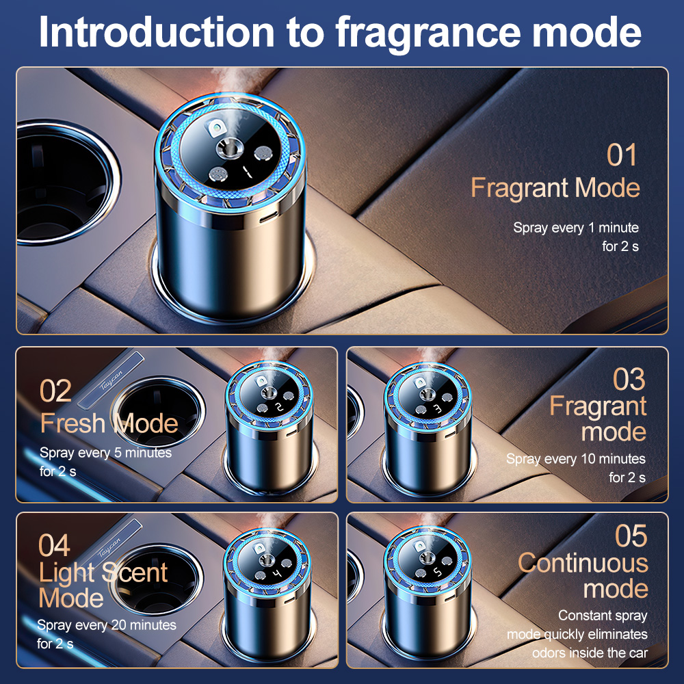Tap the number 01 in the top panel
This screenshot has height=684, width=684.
(x=622, y=155)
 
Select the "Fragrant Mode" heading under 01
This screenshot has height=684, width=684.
(x=555, y=189)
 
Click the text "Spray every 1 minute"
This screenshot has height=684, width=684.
(x=576, y=228)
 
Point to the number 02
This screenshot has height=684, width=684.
(x=55, y=391)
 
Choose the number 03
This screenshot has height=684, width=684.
(x=629, y=379)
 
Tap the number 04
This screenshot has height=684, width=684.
(x=54, y=545)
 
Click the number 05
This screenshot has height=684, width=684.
(x=631, y=536)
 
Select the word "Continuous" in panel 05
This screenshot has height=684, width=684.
(x=583, y=563)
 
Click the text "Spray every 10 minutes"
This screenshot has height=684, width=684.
(x=576, y=459)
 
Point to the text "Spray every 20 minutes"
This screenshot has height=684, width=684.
(x=107, y=625)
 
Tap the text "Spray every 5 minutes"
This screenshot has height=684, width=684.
(x=105, y=453)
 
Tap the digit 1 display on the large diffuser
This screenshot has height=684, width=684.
(x=248, y=172)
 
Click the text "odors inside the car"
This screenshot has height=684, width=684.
(x=590, y=653)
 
